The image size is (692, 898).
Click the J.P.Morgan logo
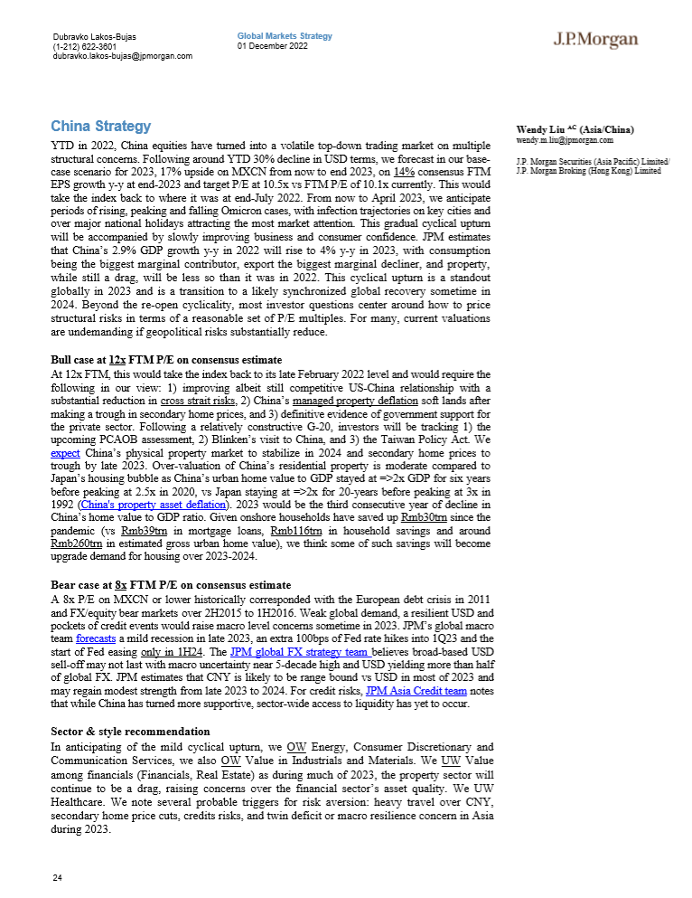point(595,40)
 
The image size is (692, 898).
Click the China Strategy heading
point(100,126)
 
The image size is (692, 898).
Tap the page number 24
point(58,878)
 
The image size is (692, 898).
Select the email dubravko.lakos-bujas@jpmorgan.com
point(123,56)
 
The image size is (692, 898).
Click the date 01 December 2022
point(273,46)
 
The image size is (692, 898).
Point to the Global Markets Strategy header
point(285,36)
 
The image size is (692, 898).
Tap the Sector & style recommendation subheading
point(130,732)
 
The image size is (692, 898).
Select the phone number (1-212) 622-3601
point(84,47)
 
